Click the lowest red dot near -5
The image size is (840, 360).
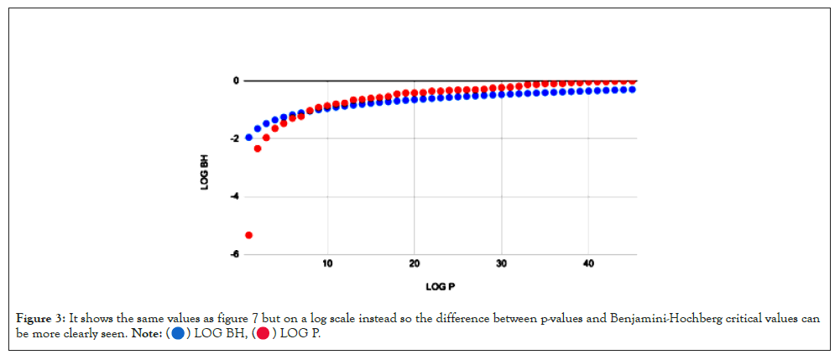[248, 235]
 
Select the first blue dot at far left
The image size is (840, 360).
[248, 137]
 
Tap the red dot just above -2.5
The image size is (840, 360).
[258, 149]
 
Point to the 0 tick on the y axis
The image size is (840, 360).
[236, 81]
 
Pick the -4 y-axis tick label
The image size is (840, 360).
[234, 196]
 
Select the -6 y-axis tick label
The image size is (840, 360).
[234, 254]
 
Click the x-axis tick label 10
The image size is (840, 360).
[327, 263]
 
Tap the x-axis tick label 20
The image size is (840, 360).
[415, 263]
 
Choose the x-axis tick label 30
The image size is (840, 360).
[502, 263]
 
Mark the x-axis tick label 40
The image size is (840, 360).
[588, 263]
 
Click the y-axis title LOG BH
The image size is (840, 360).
[205, 168]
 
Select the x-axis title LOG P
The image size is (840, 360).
[441, 287]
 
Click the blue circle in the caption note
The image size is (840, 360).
[178, 334]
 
